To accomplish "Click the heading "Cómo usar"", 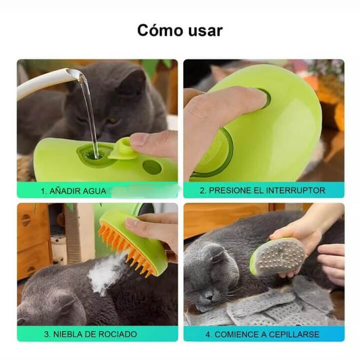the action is (180, 30).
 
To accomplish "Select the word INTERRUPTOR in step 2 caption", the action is (296, 190).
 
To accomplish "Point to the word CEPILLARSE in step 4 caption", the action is (294, 334).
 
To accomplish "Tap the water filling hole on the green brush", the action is (94, 153).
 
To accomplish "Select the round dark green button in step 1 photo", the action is (152, 167).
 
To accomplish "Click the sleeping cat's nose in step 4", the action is (209, 297).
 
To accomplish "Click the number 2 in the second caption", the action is (202, 190).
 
